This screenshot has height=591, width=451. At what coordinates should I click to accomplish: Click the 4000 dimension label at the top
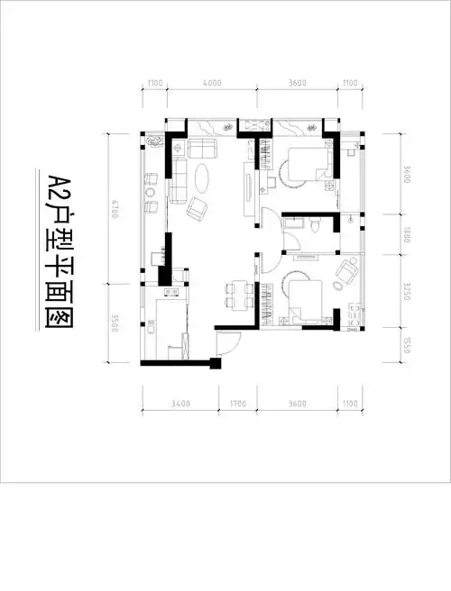coord(212,83)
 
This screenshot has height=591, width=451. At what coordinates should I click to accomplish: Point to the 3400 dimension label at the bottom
coord(179,404)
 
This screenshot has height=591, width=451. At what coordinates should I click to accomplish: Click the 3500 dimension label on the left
coord(114,321)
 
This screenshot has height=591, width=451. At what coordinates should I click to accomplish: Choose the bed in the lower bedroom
coord(303,300)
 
